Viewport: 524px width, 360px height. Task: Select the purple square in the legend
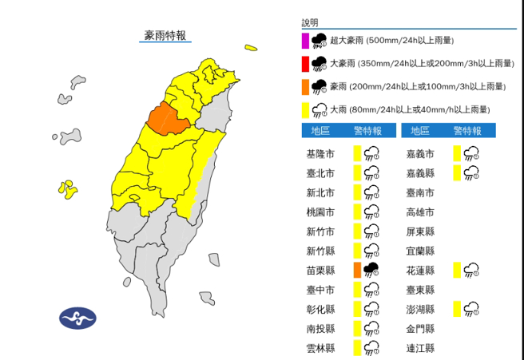(305, 41)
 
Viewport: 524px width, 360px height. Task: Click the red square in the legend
(305, 63)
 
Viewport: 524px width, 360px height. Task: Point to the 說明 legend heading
(310, 23)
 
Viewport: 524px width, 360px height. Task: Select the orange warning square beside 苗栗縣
(356, 270)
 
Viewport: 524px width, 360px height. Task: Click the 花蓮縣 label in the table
(419, 270)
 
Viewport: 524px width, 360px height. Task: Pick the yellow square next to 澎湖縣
(457, 308)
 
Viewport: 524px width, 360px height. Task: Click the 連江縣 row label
(419, 347)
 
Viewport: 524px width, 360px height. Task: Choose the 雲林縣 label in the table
(320, 347)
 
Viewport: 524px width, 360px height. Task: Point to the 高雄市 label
(419, 212)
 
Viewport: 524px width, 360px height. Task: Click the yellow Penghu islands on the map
(66, 189)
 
